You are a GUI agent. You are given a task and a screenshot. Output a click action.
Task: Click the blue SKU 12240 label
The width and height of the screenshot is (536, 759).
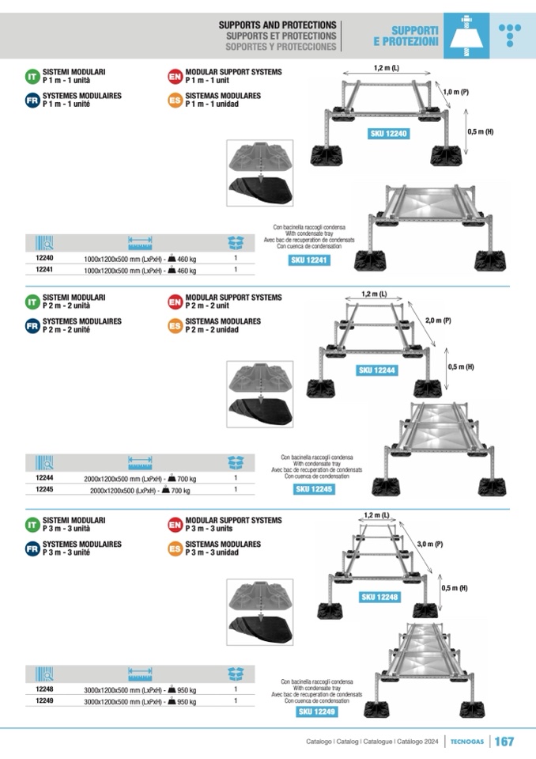tap(389, 134)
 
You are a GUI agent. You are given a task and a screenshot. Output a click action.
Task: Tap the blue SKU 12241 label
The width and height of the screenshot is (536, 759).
tap(308, 260)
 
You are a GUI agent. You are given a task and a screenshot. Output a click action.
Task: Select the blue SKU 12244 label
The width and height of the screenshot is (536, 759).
tap(377, 370)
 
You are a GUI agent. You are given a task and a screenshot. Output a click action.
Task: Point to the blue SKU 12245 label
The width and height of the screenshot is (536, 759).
tap(315, 489)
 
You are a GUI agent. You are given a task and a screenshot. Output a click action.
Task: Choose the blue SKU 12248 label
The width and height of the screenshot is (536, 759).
tap(379, 597)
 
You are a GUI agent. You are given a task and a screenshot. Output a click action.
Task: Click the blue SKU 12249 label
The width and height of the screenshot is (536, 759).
tap(317, 712)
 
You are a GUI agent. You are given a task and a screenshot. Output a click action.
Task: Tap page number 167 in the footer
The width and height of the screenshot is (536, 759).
tap(504, 742)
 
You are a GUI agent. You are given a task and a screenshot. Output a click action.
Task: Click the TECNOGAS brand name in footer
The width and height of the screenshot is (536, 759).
tap(467, 742)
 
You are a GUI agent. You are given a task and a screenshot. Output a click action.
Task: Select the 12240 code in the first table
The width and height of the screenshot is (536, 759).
tap(45, 258)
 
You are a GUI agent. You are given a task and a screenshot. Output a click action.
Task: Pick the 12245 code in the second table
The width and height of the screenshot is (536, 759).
tap(45, 490)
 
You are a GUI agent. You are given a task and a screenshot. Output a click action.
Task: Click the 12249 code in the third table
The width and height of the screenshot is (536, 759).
tap(45, 700)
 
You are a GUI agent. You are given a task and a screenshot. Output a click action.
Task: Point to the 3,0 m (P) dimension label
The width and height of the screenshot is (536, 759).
tap(430, 545)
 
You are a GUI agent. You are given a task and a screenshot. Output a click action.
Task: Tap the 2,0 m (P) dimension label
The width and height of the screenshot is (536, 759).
tap(438, 321)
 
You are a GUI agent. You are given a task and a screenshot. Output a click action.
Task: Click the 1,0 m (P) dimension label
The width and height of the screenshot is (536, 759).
tap(456, 93)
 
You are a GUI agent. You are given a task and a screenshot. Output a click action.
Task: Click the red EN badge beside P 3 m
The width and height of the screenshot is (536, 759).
tap(175, 524)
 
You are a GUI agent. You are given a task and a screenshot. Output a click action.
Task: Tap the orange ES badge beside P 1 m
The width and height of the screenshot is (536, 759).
tap(175, 101)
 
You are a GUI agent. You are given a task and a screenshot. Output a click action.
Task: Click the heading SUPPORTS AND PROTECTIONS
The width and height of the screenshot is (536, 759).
tap(277, 25)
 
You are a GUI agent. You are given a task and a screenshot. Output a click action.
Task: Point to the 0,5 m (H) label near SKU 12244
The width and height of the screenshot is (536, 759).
tap(461, 366)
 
